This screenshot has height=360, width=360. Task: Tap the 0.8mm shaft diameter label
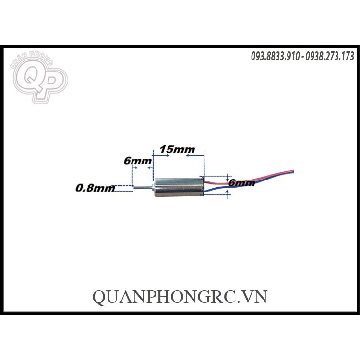pyautogui.click(x=95, y=188)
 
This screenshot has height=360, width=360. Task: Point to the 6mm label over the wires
pyautogui.click(x=241, y=183)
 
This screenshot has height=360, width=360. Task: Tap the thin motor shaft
pyautogui.click(x=142, y=187)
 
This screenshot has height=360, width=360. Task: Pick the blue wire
pyautogui.click(x=269, y=180)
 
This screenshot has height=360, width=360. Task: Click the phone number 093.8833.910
pyautogui.click(x=276, y=57)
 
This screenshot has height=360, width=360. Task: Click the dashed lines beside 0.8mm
pyautogui.click(x=124, y=188)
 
